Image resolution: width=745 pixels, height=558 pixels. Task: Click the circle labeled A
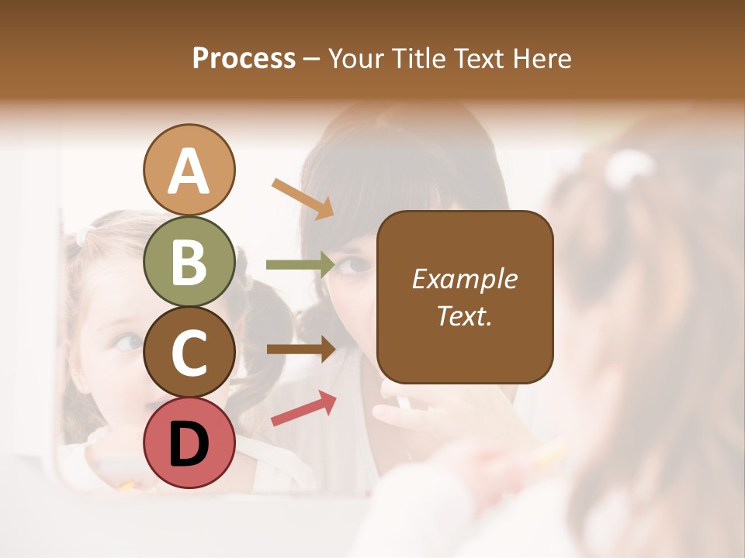pos(189,170)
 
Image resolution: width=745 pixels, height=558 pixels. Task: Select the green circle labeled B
pos(189,261)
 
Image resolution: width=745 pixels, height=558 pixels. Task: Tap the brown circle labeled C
pos(189,352)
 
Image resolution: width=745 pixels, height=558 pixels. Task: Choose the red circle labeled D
pos(189,443)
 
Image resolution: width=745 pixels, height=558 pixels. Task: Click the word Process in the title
pos(244,59)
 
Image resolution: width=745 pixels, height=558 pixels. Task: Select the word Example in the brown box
pos(464,279)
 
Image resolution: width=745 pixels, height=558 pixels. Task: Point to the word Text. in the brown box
pos(464,316)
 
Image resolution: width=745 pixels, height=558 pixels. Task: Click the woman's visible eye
pos(356,265)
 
